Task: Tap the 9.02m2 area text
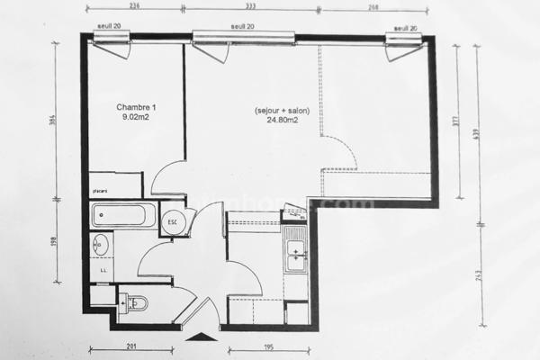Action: [x=135, y=116]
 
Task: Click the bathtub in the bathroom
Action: [x=124, y=216]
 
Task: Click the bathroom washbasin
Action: [x=101, y=244]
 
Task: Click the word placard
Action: [x=100, y=191]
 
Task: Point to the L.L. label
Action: [x=103, y=269]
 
